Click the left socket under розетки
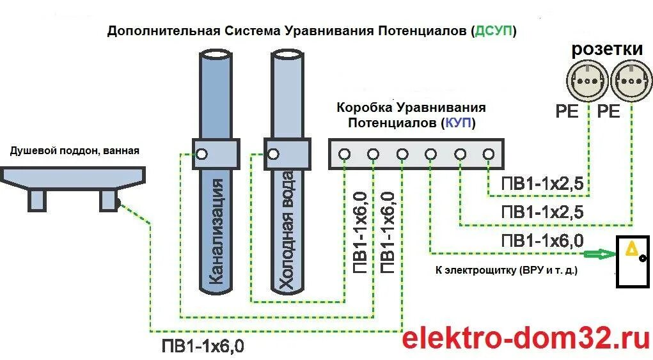pos(586,79)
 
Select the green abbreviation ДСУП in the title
pos(493,31)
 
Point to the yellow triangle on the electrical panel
pos(631,249)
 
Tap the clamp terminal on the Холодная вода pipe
pos(274,154)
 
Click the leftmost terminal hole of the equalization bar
pos(344,154)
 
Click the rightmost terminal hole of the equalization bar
pos(489,154)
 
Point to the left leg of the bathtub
pos(37,200)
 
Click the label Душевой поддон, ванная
pos(74,151)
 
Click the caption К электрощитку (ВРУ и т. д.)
pos(506,270)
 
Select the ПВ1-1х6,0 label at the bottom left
pos(202,347)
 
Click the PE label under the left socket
pos(567,112)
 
